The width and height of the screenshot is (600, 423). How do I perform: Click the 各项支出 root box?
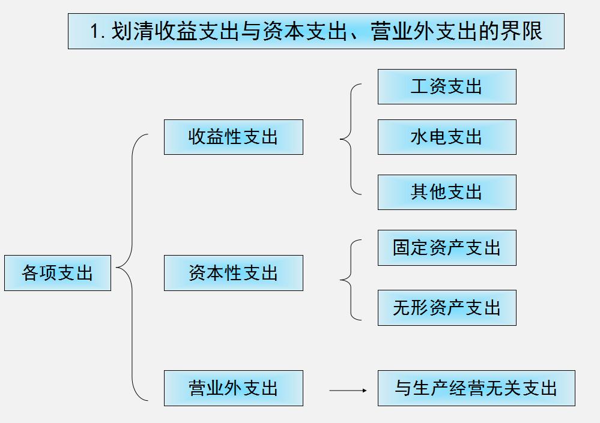coord(58,273)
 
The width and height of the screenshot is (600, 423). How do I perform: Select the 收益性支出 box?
coord(233,137)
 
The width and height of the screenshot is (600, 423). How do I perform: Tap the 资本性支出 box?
coord(233,273)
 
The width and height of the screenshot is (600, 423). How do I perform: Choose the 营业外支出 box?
coord(233,388)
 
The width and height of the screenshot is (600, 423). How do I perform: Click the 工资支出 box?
coord(446,86)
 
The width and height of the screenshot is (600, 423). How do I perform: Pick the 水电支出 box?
coord(446,137)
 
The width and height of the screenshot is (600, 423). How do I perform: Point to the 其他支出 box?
coord(446,192)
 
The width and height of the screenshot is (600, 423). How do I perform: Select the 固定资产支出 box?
coord(446,248)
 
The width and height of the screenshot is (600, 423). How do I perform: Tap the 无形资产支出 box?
coord(446,308)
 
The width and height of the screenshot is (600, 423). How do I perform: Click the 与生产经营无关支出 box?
coord(476,388)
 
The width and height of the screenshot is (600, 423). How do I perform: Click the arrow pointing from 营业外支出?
coord(348,391)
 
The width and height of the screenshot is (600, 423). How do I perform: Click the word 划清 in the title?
coord(129,31)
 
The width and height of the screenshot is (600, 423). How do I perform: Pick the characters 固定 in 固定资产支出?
coord(411,248)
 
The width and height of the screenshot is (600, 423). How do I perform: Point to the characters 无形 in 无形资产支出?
coord(411,308)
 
